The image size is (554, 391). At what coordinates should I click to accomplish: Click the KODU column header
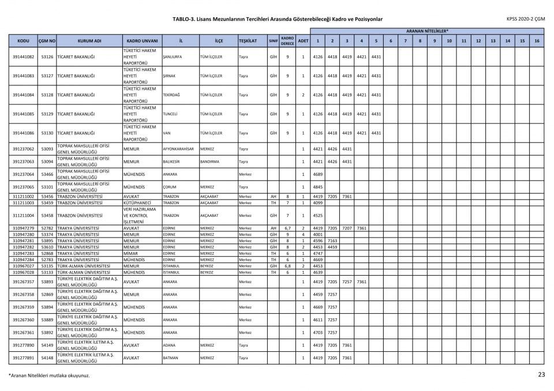pyautogui.click(x=23, y=41)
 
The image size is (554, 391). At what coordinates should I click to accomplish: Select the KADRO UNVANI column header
pyautogui.click(x=142, y=41)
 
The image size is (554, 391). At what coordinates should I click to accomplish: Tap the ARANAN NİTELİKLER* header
pyautogui.click(x=427, y=31)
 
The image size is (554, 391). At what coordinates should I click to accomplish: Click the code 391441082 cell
pyautogui.click(x=23, y=57)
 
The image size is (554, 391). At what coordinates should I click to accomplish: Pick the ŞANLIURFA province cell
pyautogui.click(x=173, y=57)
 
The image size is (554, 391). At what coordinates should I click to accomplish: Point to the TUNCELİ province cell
pyautogui.click(x=172, y=114)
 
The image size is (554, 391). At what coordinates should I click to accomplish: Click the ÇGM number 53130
pyautogui.click(x=47, y=133)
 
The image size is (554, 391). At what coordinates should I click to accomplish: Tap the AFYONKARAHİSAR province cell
pyautogui.click(x=178, y=149)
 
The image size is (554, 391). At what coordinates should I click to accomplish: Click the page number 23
pyautogui.click(x=541, y=375)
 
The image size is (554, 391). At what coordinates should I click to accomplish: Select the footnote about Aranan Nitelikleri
pyautogui.click(x=48, y=375)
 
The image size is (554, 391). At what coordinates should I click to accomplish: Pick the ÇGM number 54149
pyautogui.click(x=47, y=345)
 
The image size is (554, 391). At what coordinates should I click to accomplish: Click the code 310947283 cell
pyautogui.click(x=23, y=253)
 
